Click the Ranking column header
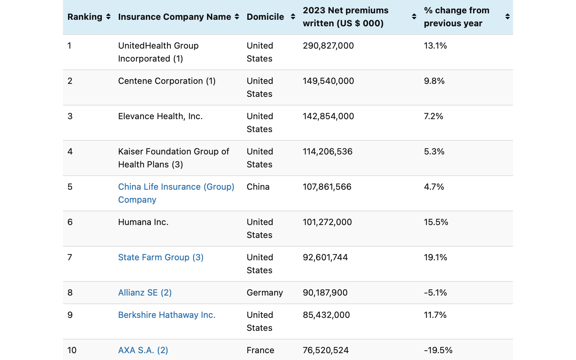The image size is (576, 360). pos(85,17)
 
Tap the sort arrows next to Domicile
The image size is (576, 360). pos(293,17)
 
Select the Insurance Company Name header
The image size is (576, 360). pos(175,17)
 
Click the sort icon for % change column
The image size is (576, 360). pos(507,17)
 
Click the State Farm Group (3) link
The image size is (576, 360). pos(161,257)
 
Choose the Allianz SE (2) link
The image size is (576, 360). pos(145,293)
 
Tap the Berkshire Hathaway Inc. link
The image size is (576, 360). pos(167,315)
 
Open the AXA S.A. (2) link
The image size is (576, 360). pos(143,350)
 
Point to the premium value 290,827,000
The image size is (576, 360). pos(328,46)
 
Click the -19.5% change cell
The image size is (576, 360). pos(438,350)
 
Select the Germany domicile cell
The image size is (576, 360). pos(265,293)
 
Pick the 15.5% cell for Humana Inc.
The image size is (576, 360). pos(436,222)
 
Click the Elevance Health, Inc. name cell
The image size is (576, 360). pos(160,116)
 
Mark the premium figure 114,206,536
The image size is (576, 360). pos(327,152)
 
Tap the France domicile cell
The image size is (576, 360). pos(260,350)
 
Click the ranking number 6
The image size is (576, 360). pos(70,222)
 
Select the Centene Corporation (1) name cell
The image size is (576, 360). pos(167,81)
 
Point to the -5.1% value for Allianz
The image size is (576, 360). pos(435,293)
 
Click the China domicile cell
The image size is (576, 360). pos(258,187)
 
